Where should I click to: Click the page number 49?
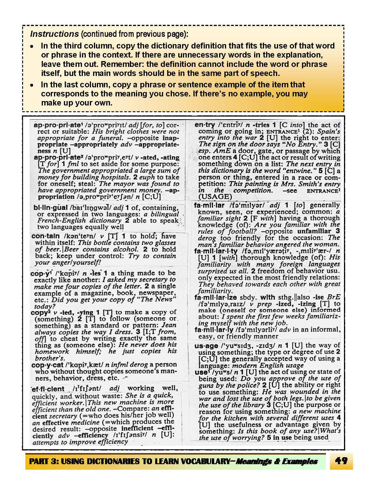pyautogui.click(x=342, y=461)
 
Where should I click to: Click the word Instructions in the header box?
pyautogui.click(x=54, y=34)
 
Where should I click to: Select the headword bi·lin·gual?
pyautogui.click(x=50, y=208)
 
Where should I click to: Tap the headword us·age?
pyautogui.click(x=206, y=346)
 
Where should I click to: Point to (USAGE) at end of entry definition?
pyautogui.click(x=215, y=197)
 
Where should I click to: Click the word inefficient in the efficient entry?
pyautogui.click(x=137, y=429)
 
